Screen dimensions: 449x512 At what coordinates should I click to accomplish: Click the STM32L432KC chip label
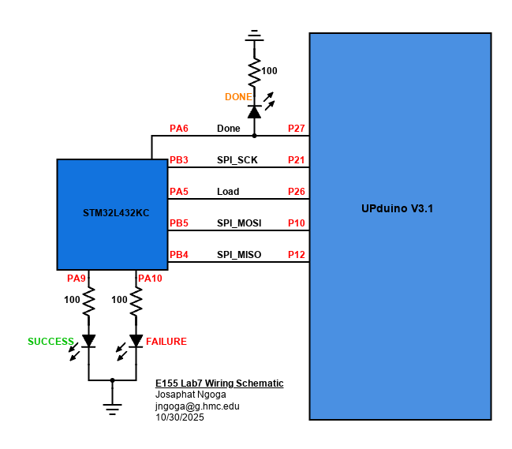coord(116,213)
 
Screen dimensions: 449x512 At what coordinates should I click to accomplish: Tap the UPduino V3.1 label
coord(397,209)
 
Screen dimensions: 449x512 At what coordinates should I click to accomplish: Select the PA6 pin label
coord(178,129)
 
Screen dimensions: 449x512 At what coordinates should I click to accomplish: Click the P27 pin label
coord(296,129)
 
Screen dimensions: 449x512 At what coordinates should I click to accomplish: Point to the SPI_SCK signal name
coord(237,160)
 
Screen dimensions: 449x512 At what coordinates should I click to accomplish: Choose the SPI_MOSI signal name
coord(239,223)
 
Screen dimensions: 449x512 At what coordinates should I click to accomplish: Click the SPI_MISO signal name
coord(239,255)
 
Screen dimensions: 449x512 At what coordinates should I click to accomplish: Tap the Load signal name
coord(228,192)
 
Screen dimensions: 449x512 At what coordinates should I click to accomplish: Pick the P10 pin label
coord(296,223)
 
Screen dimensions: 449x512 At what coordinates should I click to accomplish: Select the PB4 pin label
coord(178,255)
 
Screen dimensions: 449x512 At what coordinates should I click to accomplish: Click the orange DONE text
coord(238,97)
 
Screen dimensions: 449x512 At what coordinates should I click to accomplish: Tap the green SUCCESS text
coord(50,342)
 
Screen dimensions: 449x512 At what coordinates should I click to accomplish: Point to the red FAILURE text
coord(166,342)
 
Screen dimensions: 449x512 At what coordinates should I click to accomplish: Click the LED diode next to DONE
coord(254,112)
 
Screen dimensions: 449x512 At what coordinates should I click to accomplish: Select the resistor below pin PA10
coord(136,301)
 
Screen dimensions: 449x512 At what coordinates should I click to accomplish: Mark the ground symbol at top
coord(254,36)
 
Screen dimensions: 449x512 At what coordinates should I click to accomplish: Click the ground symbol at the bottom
coord(112,408)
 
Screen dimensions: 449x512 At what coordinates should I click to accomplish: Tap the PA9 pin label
coord(76,278)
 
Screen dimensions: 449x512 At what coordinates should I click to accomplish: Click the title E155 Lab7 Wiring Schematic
coord(219,384)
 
